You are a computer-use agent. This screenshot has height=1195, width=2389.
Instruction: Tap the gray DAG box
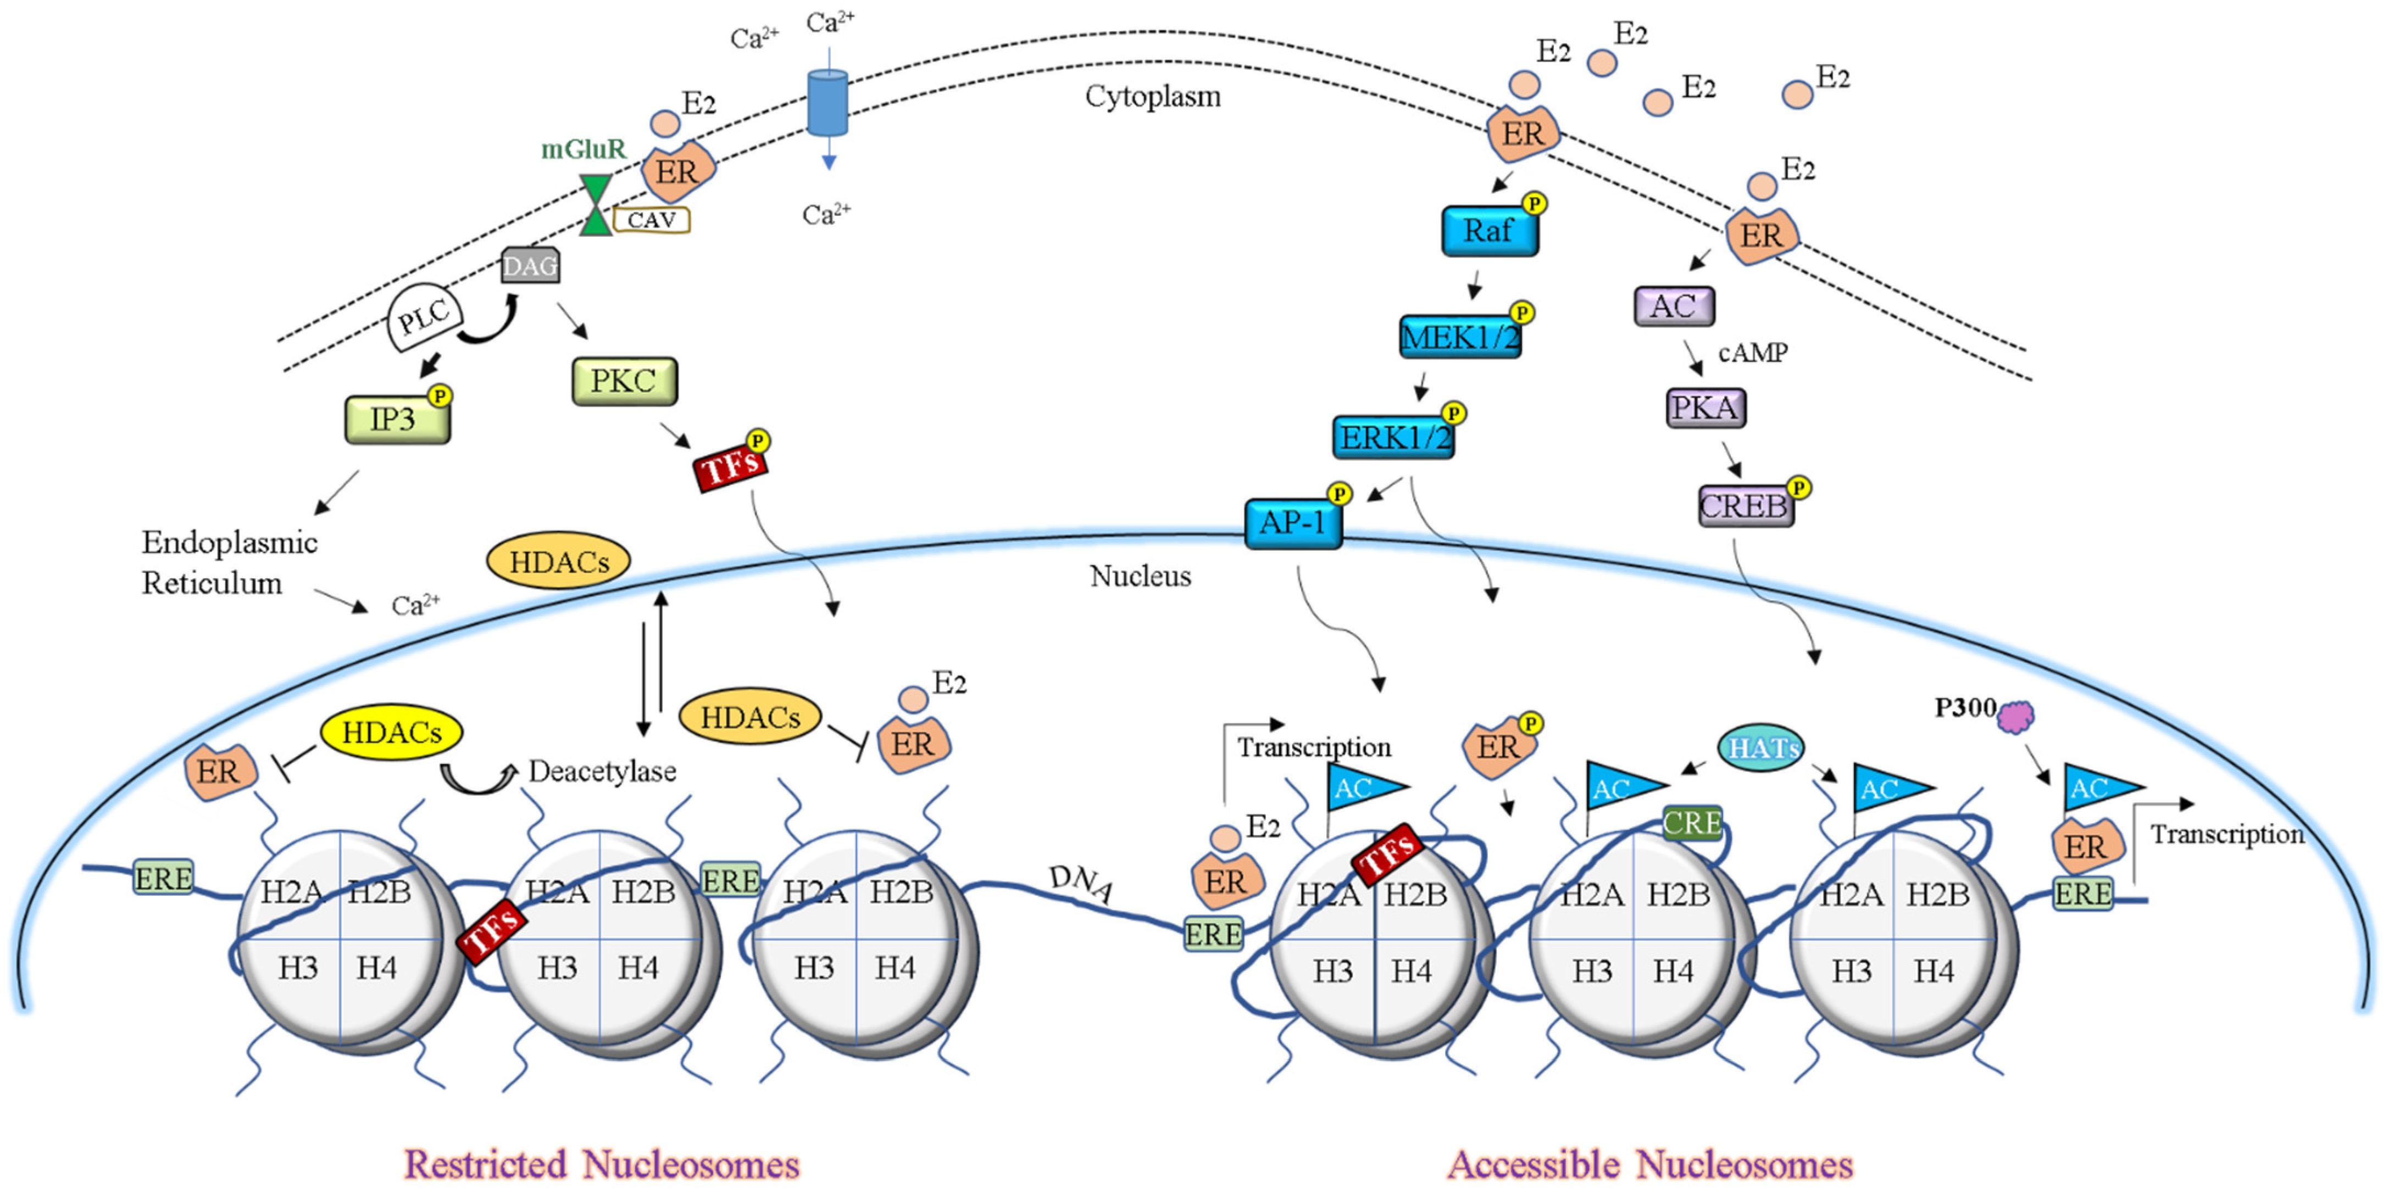[x=530, y=266]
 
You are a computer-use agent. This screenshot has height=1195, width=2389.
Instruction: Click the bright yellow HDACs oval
[x=391, y=733]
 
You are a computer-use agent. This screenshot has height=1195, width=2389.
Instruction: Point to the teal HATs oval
[x=1761, y=747]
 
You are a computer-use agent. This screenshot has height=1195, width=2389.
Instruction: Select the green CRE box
[x=1692, y=822]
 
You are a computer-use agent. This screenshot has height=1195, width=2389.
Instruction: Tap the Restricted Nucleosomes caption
[x=601, y=1164]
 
